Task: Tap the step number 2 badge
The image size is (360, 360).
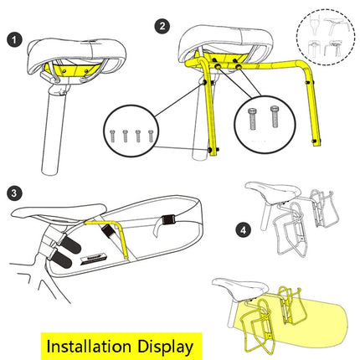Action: (162, 27)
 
